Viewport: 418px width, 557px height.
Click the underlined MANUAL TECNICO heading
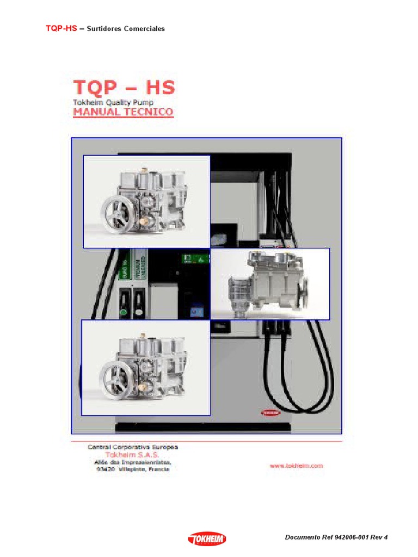(124, 113)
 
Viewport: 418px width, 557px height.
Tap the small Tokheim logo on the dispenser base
(270, 413)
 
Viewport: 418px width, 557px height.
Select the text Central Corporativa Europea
(133, 447)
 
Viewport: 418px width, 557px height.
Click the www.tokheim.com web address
(296, 466)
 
